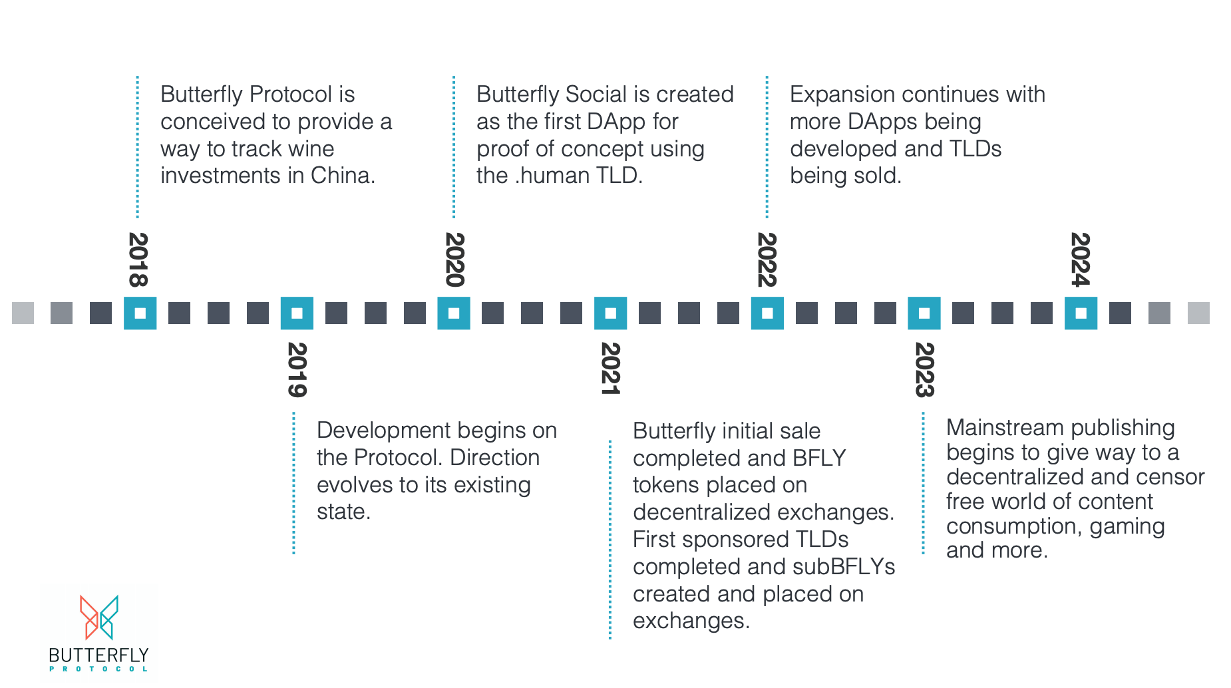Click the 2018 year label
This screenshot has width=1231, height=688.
coord(138,259)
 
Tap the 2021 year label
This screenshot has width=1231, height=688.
coord(610,369)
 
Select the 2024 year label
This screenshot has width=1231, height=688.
coord(1080,259)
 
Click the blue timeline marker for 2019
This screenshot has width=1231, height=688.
coord(297,313)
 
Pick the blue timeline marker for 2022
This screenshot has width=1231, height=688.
coord(767,313)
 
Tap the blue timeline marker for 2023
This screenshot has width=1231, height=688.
coord(924,313)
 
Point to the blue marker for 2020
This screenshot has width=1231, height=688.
coord(454,313)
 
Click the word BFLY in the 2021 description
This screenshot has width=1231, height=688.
coord(819,458)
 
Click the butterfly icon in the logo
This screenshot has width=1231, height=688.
coord(99,617)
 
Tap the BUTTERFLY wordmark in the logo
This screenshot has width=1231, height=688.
coord(98,655)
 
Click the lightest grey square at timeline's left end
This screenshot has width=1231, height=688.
coord(23,313)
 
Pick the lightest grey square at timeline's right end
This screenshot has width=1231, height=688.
coord(1198,313)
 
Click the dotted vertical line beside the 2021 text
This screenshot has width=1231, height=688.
coord(610,539)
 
